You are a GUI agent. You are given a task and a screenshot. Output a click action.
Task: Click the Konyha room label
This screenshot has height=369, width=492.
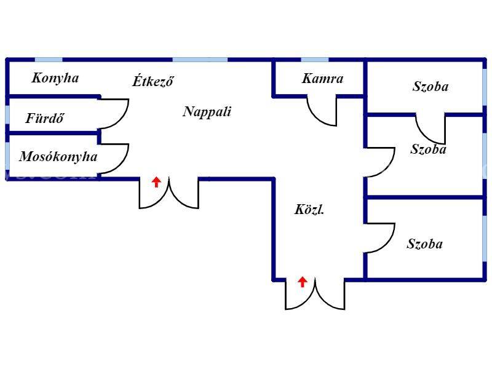(55, 78)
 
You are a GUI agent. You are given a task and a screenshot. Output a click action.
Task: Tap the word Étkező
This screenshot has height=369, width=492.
(153, 81)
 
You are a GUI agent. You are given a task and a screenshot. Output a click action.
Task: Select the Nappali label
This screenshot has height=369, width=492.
(207, 112)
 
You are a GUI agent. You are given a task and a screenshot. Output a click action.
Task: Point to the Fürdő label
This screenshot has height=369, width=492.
(44, 118)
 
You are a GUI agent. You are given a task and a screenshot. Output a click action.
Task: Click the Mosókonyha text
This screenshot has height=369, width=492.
(58, 157)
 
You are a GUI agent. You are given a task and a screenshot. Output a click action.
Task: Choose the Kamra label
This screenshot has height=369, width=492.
(322, 79)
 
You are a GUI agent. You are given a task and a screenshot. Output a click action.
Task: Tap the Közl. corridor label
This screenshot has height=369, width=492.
(309, 209)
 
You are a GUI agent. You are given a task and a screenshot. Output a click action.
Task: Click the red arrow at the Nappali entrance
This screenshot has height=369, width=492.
(156, 182)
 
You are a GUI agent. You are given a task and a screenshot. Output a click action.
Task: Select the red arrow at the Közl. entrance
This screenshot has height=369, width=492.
(302, 282)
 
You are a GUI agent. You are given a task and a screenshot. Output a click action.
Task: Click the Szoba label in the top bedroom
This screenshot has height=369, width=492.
(430, 87)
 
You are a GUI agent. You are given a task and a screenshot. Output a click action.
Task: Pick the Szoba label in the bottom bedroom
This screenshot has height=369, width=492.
(424, 244)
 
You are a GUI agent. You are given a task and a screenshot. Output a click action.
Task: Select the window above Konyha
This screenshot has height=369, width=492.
(49, 60)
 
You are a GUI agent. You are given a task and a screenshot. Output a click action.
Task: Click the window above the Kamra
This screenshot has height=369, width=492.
(315, 60)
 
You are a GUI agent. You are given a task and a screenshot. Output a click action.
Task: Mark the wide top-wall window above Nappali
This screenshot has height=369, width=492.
(200, 60)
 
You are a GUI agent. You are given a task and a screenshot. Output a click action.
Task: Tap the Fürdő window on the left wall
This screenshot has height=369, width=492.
(7, 115)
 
